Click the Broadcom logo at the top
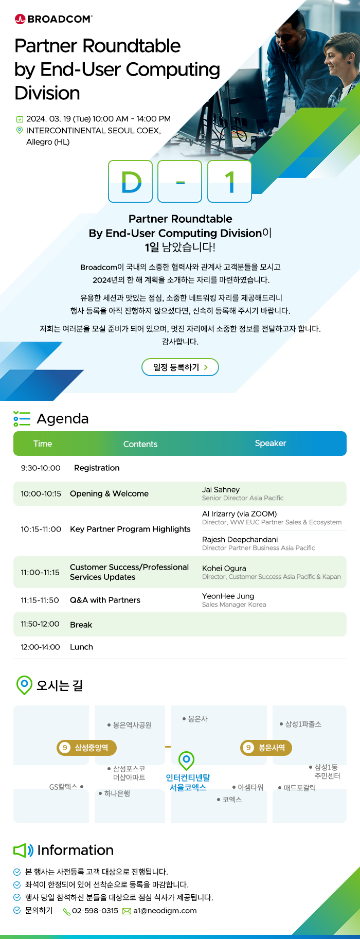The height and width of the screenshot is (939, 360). tap(53, 19)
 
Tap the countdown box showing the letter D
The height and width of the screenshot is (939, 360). tap(131, 181)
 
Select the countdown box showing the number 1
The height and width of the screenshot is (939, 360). tap(229, 181)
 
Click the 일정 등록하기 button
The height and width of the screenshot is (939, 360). tap(180, 367)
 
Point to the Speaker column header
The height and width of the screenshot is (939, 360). tap(271, 444)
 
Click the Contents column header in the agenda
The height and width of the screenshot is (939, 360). tap(140, 444)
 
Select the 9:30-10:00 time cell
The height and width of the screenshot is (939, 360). tap(41, 468)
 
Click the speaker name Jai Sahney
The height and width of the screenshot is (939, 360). tap(221, 490)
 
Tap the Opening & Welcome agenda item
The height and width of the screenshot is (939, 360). tap(109, 493)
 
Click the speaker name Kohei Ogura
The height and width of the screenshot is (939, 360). tap(224, 569)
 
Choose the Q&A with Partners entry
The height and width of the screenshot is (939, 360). tap(105, 600)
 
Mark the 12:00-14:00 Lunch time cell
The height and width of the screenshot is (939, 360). tap(40, 647)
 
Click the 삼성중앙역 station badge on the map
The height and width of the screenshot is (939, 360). tap(86, 748)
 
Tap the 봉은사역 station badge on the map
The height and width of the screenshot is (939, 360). tap(266, 748)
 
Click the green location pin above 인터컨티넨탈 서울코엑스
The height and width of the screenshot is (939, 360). tap(186, 760)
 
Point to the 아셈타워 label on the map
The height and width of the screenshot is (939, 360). tap(248, 787)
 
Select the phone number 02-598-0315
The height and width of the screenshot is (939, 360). tap(95, 911)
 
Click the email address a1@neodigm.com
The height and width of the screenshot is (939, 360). tap(165, 911)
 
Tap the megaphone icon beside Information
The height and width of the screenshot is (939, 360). tap(23, 851)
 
